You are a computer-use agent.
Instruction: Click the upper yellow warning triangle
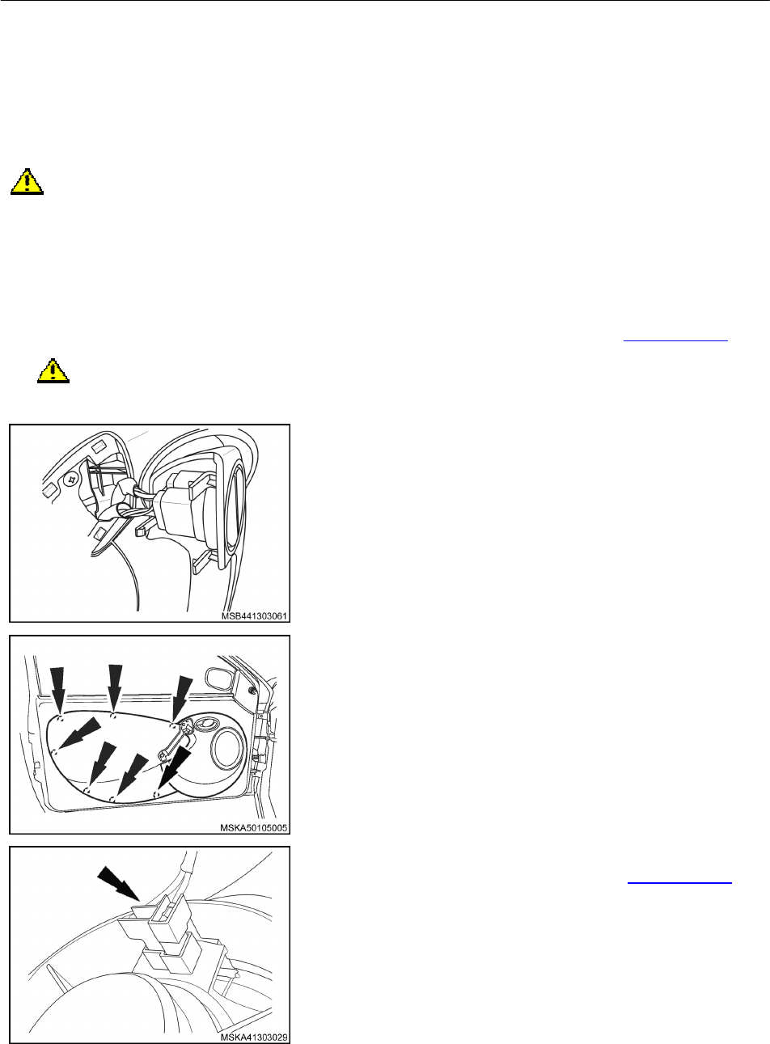coord(27,181)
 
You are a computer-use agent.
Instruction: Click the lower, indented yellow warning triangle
coord(53,370)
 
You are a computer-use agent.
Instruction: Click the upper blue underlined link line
coord(675,340)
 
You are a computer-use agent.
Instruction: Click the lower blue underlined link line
coord(679,882)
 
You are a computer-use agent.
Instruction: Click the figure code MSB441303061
coord(254,616)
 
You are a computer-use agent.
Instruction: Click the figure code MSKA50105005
coord(253,828)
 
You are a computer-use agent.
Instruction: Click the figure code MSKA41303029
coord(253,1038)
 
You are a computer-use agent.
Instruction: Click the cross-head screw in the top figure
coord(72,479)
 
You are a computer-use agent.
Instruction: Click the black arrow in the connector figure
coord(118,883)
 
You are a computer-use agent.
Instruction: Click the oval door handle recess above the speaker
coord(206,723)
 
